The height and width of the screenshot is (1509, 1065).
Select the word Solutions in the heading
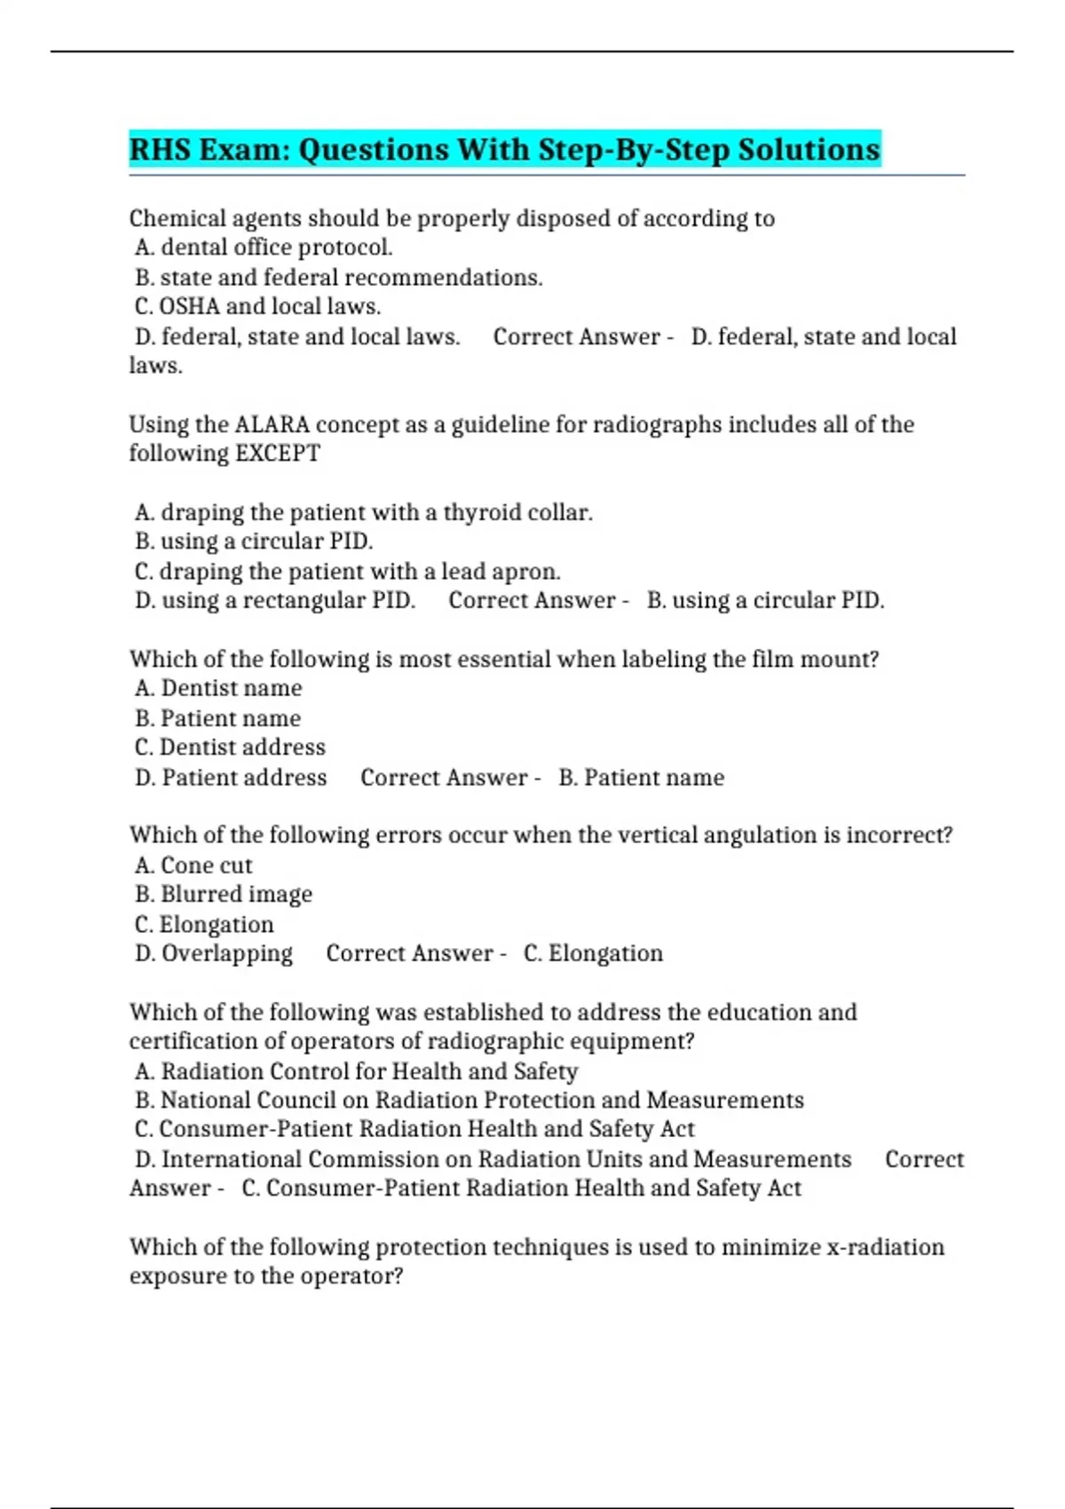[809, 149]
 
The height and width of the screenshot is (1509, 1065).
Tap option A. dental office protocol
[264, 248]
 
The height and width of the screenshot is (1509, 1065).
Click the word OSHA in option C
[189, 307]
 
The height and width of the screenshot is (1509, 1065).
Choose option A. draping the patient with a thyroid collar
[364, 513]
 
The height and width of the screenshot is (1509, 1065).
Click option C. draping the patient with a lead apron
[348, 572]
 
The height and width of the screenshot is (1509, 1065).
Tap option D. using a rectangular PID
[275, 601]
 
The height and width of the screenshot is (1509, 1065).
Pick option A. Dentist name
[218, 689]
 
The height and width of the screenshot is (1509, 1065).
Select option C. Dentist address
[230, 747]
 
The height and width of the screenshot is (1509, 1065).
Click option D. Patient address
[231, 778]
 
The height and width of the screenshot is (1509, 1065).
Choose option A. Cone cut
[193, 865]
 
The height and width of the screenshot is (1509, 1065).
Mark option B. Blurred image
[224, 895]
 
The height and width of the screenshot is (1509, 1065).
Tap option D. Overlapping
[214, 953]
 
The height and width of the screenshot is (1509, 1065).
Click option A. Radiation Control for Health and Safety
[357, 1071]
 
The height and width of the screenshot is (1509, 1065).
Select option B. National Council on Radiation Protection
[469, 1101]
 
